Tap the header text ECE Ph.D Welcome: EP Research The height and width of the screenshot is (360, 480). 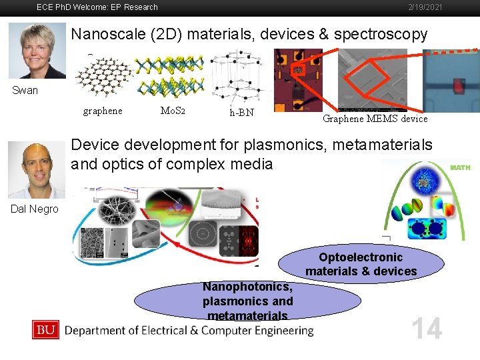97,7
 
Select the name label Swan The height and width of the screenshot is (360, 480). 25,90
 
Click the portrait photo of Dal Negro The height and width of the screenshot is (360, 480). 37,169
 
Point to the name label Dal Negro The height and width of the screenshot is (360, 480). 35,209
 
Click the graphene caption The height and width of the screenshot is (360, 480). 103,111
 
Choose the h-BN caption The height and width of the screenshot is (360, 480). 241,113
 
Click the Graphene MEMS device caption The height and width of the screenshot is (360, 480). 375,119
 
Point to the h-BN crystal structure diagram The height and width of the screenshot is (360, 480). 238,76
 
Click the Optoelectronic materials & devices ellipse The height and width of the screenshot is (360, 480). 361,264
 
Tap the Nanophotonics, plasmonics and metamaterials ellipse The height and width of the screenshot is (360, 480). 247,301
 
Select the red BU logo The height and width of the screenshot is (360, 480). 45,329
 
